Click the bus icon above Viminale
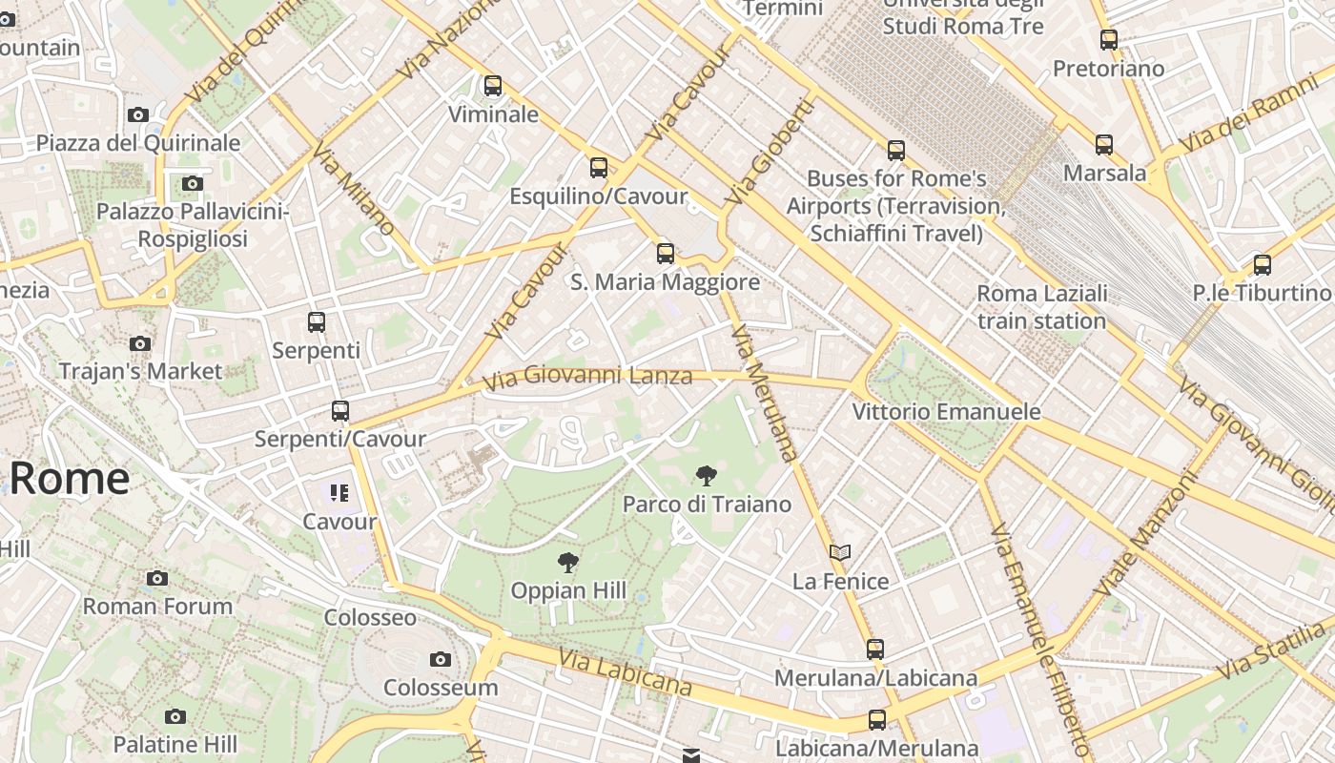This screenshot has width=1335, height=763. coord(492,86)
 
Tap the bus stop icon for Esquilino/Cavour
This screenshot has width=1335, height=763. coord(599,168)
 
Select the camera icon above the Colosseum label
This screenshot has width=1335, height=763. coord(441,659)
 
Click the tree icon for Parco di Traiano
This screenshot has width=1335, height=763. coord(706,475)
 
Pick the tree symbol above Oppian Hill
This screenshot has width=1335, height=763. coord(568,563)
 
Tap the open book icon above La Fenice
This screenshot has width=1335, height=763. coord(840,553)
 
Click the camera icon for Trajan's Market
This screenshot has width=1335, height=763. coord(140,343)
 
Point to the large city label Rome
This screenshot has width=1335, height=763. coord(69,478)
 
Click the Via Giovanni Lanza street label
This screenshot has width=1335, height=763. coord(586,377)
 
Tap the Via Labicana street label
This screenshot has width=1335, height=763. coord(625,671)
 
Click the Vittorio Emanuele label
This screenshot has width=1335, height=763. coord(946,412)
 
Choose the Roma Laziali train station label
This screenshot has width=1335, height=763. coord(1042,306)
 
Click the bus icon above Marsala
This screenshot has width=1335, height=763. coord(1104,145)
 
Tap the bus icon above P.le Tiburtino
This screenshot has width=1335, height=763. coord(1263,265)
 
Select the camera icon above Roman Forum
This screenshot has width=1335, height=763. coord(157,578)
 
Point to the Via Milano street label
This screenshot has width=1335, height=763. coord(353,190)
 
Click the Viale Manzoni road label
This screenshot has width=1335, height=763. coord(1145,534)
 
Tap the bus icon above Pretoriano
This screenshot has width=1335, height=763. coord(1109,40)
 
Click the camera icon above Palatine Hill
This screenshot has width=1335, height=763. coord(175,716)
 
